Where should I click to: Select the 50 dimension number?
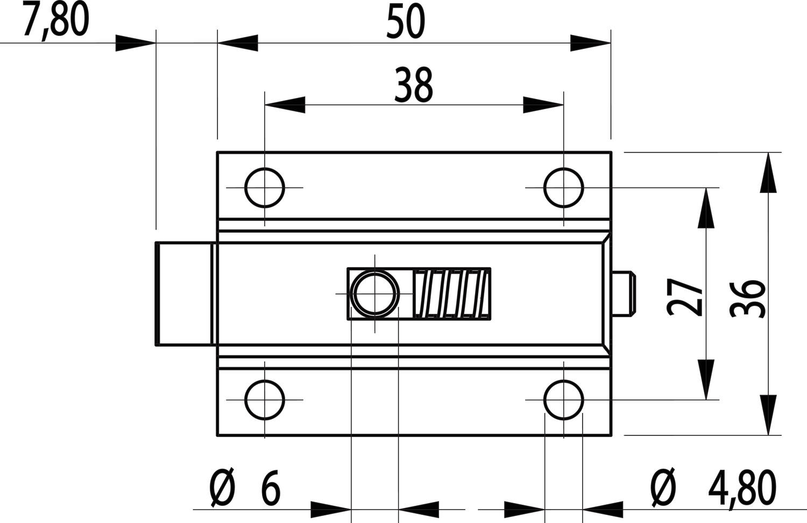tap(406, 23)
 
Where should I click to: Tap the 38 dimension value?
tap(413, 85)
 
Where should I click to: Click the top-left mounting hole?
tap(265, 188)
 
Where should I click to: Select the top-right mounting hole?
tap(563, 188)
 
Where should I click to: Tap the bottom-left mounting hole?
tap(265, 400)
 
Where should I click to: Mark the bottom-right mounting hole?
tap(563, 400)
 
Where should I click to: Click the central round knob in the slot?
tap(374, 293)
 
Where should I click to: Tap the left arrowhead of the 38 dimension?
tap(285, 105)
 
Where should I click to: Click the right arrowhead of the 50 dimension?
tap(591, 43)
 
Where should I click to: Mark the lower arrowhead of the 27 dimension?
tap(705, 379)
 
